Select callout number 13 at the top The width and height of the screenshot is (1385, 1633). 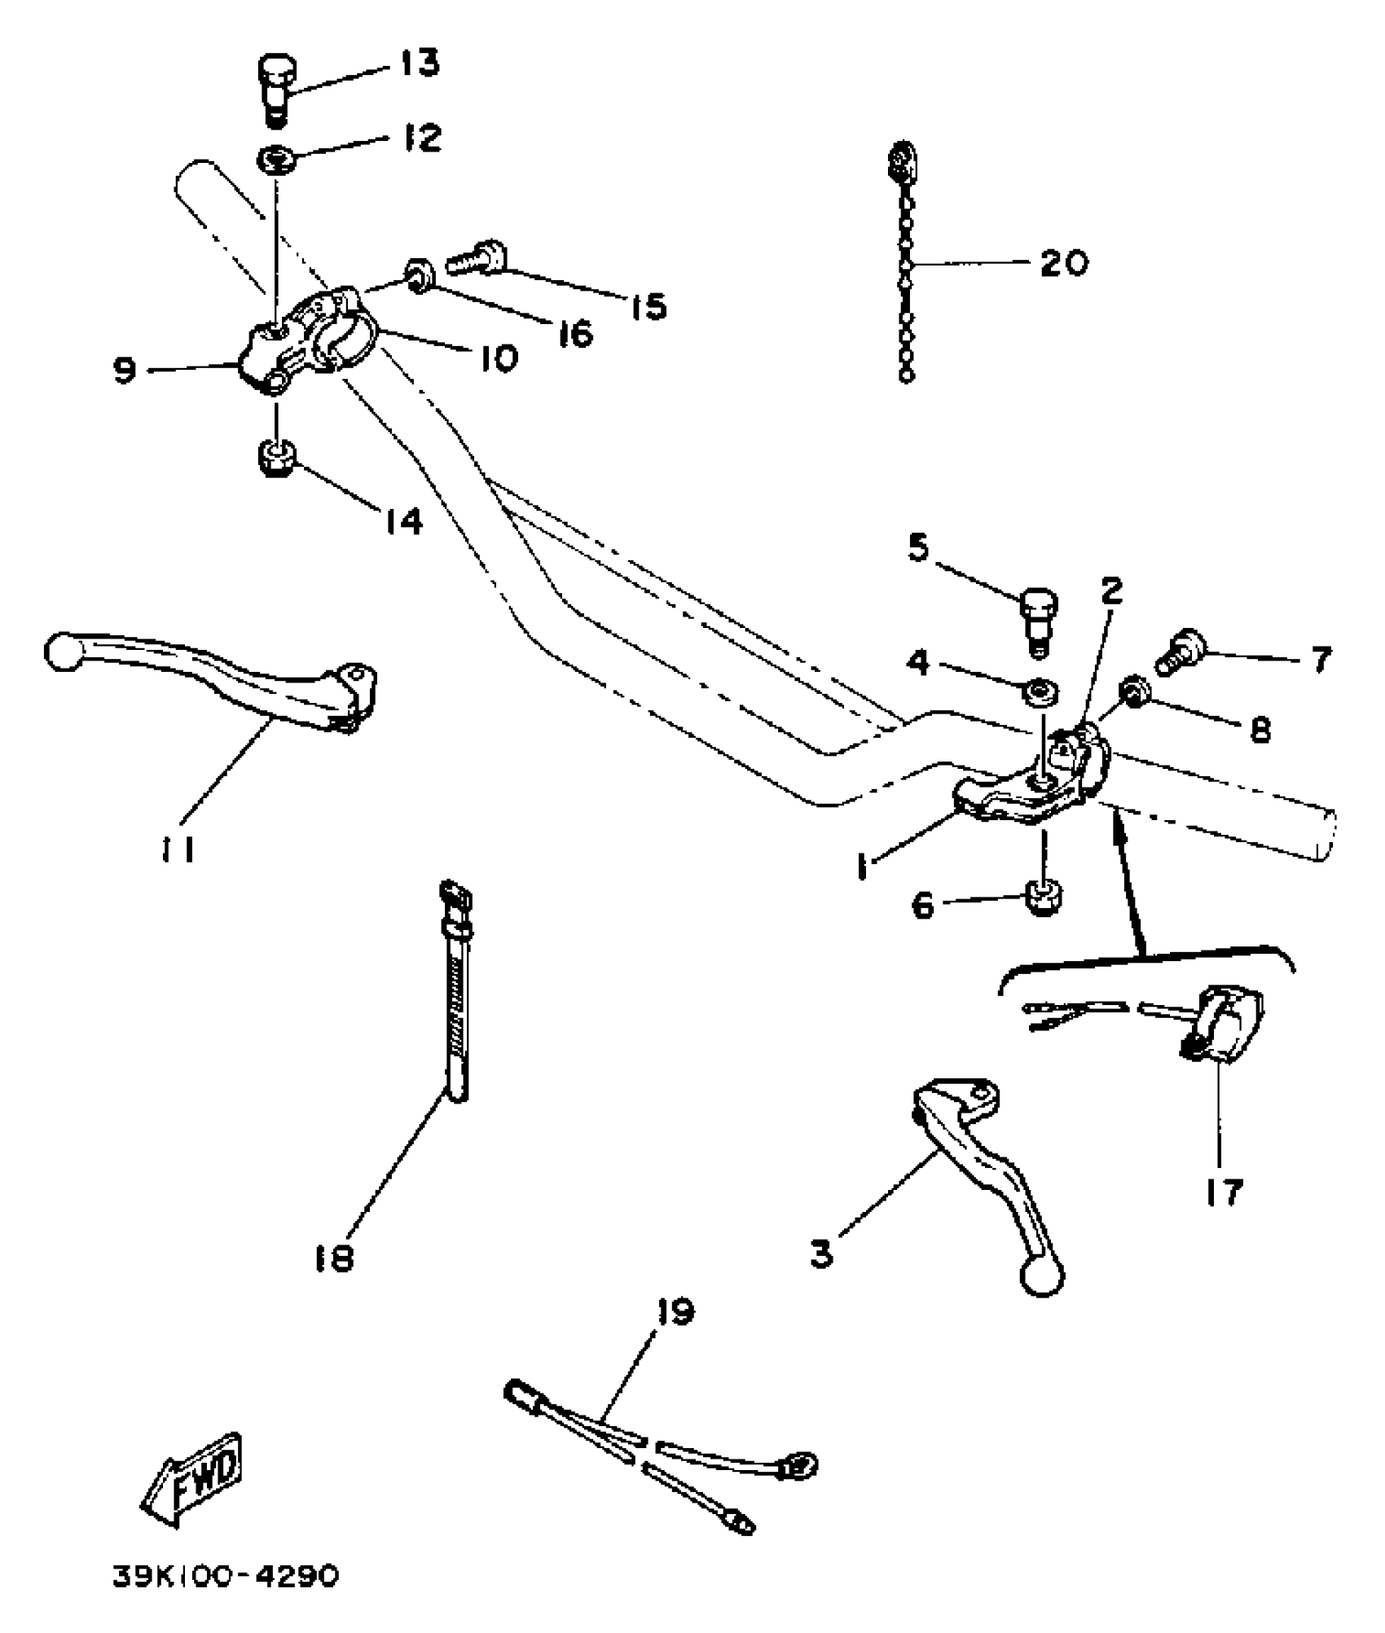tap(420, 63)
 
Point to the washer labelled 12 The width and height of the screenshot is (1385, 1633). tap(277, 157)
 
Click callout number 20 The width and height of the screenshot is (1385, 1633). tap(1064, 263)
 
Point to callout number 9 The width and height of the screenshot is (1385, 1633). tap(124, 371)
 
